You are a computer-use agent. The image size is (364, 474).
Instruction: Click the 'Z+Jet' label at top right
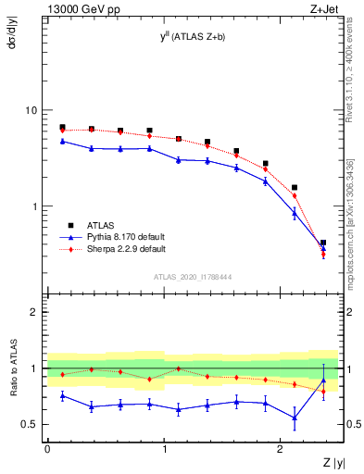pos(323,8)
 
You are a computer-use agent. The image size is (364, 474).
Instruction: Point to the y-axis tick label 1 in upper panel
pos(34,206)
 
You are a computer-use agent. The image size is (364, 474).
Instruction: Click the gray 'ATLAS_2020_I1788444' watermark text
pos(193,277)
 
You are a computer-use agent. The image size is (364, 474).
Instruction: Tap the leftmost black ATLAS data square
pos(62,127)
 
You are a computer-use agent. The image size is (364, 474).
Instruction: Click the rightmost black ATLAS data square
pos(323,243)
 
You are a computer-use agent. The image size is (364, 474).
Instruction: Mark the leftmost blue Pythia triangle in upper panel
pos(62,141)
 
